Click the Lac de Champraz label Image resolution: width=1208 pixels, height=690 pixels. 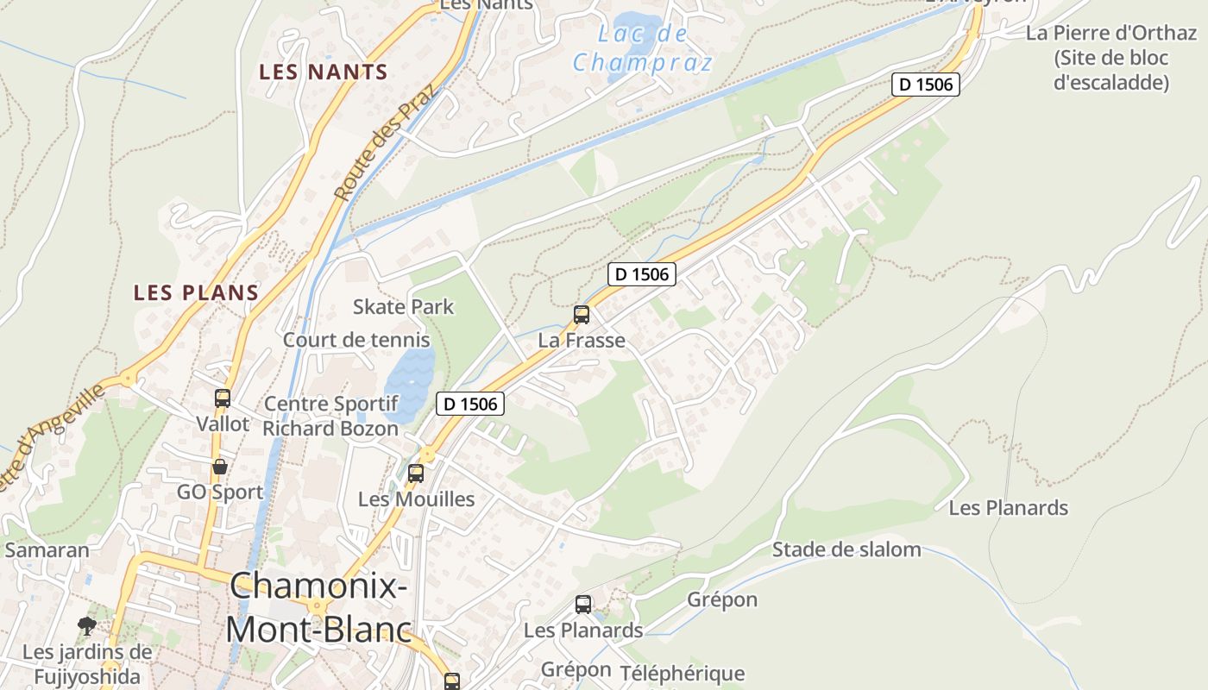click(x=643, y=48)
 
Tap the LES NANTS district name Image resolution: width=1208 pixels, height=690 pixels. click(x=324, y=72)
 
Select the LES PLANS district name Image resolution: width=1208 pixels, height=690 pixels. click(x=196, y=292)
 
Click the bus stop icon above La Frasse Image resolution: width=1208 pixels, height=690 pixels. click(x=582, y=314)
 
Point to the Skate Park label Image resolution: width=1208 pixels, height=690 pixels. click(x=403, y=306)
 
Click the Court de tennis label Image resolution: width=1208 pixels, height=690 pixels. click(x=356, y=340)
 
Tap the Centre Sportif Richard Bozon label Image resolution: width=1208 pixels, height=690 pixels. click(x=330, y=416)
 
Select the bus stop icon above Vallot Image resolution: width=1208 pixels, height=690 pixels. click(x=223, y=398)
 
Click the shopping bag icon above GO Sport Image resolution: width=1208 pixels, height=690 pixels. click(x=220, y=467)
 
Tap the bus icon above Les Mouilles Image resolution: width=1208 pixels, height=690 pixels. click(x=416, y=473)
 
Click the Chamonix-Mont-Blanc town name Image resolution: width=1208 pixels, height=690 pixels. click(x=319, y=608)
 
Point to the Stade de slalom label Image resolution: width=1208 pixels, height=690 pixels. click(x=846, y=549)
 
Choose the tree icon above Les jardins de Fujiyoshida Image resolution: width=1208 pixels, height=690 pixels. click(x=86, y=625)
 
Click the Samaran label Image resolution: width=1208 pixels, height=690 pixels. click(x=47, y=550)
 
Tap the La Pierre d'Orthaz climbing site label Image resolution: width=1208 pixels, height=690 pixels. click(x=1111, y=58)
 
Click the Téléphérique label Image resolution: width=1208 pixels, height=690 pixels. click(x=682, y=674)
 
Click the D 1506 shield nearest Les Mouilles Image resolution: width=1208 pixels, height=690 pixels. click(x=469, y=403)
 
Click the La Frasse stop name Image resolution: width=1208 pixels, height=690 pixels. click(x=582, y=340)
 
